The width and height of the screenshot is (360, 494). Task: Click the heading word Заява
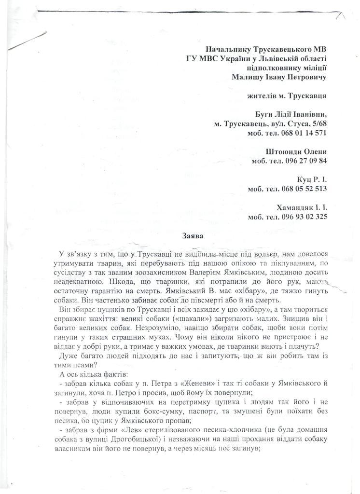click(x=194, y=236)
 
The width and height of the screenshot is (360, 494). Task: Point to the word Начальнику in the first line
click(x=229, y=49)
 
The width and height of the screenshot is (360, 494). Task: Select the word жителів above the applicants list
click(x=264, y=96)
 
